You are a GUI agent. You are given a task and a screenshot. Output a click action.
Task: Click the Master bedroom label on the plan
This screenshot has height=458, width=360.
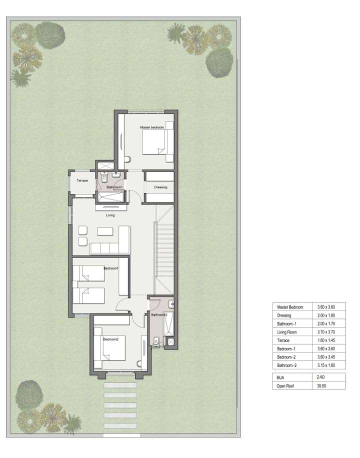tap(152, 127)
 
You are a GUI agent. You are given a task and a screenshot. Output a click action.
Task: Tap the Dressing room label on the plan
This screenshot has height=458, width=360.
tap(160, 187)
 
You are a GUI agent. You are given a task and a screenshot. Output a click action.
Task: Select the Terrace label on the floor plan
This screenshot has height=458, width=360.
tap(82, 180)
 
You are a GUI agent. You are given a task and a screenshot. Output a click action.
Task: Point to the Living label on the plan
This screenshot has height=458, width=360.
tap(110, 215)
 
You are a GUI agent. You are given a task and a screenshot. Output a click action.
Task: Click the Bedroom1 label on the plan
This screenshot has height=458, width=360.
tap(111, 268)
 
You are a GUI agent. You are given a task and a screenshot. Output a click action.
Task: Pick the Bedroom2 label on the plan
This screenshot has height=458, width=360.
tap(110, 339)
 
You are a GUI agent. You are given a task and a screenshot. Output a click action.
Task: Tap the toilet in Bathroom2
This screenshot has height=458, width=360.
tap(156, 341)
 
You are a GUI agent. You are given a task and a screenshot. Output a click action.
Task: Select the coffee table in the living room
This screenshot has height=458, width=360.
tap(105, 231)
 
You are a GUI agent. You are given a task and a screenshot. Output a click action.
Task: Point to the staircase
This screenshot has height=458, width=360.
tap(165, 249)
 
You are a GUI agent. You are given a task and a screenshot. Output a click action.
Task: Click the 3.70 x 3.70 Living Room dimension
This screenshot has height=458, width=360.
tap(326, 332)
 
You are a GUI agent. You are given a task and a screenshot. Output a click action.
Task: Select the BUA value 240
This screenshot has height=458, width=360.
tap(320, 377)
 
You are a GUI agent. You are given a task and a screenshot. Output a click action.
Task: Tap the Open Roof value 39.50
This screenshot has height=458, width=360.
tap(321, 386)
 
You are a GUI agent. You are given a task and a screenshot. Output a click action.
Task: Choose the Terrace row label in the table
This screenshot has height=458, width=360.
tap(283, 340)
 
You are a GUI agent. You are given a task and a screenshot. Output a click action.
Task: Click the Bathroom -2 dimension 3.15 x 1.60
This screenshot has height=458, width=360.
tap(326, 365)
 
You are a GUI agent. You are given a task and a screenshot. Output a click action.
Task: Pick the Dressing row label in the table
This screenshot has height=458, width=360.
tap(284, 315)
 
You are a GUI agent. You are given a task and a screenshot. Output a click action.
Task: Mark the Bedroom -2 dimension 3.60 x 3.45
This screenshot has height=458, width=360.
tap(326, 357)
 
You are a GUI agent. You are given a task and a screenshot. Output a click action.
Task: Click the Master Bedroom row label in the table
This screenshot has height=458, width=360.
tap(290, 307)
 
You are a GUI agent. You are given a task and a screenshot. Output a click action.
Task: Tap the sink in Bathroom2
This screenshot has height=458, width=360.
tap(171, 304)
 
